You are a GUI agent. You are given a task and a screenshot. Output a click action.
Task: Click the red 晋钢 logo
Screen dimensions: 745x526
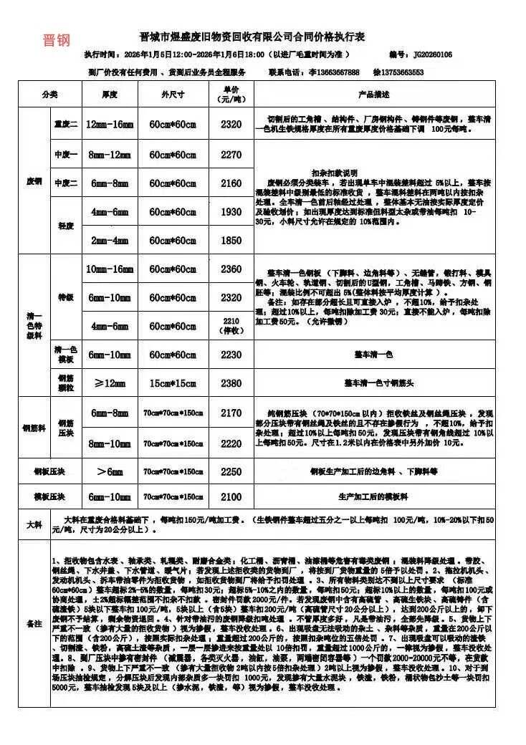pos(56,40)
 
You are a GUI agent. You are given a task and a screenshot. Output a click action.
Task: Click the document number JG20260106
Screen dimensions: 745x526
pos(430,54)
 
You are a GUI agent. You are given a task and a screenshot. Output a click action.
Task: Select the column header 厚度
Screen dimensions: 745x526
pos(110,95)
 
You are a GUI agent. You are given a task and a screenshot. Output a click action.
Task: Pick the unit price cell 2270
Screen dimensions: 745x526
pos(231,154)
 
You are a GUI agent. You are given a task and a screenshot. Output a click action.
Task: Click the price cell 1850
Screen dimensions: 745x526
pos(231,240)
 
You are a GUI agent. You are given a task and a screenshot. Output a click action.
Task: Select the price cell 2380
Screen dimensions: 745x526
pos(231,383)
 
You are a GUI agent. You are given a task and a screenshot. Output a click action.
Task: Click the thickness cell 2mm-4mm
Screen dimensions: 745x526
pos(110,240)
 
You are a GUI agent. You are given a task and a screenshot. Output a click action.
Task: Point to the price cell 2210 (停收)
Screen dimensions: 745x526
pos(231,326)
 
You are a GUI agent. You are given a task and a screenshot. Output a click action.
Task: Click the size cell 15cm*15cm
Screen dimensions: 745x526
pos(173,383)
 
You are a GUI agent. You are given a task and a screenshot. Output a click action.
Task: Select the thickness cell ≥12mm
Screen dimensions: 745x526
pos(110,383)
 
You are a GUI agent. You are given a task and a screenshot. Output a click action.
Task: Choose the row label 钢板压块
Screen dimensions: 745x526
pos(50,472)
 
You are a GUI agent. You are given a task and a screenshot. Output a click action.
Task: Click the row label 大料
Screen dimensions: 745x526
pos(34,525)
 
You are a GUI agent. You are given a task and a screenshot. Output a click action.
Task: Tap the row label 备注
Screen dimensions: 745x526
pos(34,624)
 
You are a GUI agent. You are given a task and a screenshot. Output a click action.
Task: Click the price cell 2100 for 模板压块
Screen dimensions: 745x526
pos(231,496)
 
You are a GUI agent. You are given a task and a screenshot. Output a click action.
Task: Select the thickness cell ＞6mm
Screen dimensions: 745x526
pos(110,472)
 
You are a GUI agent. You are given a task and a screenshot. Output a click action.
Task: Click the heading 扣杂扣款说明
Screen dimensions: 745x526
pos(335,173)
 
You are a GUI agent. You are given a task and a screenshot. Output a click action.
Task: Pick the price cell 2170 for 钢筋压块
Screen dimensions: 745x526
pos(231,413)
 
